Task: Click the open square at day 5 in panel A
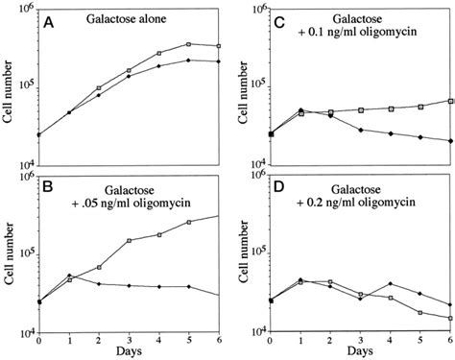[188, 44]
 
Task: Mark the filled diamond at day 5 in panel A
[188, 60]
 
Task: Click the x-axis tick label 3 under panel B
[129, 340]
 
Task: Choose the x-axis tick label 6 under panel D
[450, 340]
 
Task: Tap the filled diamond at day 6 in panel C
[450, 140]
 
